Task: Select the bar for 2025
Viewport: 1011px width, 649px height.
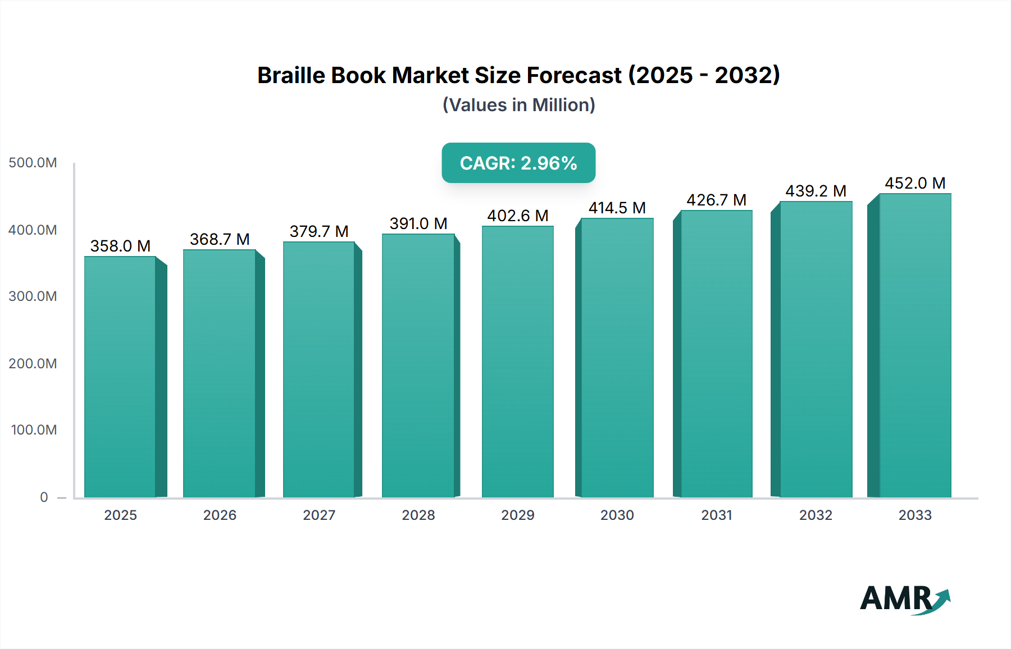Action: [x=120, y=376]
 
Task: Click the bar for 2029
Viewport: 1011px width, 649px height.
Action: [x=518, y=362]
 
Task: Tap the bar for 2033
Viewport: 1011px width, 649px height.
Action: [x=915, y=345]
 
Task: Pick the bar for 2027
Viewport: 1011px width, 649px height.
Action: [x=319, y=369]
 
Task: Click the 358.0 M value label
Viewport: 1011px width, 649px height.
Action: [x=120, y=246]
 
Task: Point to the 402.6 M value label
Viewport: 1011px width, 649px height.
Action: [x=518, y=216]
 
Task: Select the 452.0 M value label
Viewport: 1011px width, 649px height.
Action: [x=915, y=183]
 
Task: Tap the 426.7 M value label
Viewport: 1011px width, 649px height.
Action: [x=716, y=200]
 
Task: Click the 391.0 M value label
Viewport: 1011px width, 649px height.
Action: [x=418, y=223]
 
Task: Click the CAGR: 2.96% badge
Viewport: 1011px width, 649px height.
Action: [x=518, y=163]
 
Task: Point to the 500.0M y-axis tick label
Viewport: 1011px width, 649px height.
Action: [x=33, y=163]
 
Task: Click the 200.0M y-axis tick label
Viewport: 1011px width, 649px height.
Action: [x=33, y=363]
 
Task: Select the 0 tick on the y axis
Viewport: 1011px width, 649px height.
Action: [x=44, y=497]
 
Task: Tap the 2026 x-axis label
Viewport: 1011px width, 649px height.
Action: [x=220, y=515]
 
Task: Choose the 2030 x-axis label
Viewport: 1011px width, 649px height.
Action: [x=617, y=515]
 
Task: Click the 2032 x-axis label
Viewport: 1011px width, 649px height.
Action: [x=816, y=515]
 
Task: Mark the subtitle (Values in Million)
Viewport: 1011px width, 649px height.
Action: [x=518, y=105]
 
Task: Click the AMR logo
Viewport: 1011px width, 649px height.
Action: [x=904, y=599]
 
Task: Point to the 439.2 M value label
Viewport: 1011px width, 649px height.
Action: [x=816, y=191]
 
